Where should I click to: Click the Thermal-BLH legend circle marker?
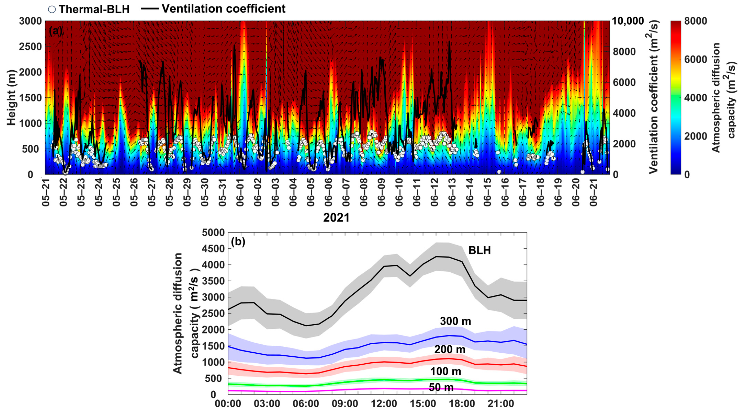(52, 9)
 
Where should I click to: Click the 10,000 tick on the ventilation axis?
(627, 21)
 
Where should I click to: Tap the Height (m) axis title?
(12, 98)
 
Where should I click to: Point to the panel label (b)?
(238, 242)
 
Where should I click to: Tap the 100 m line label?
(446, 372)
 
